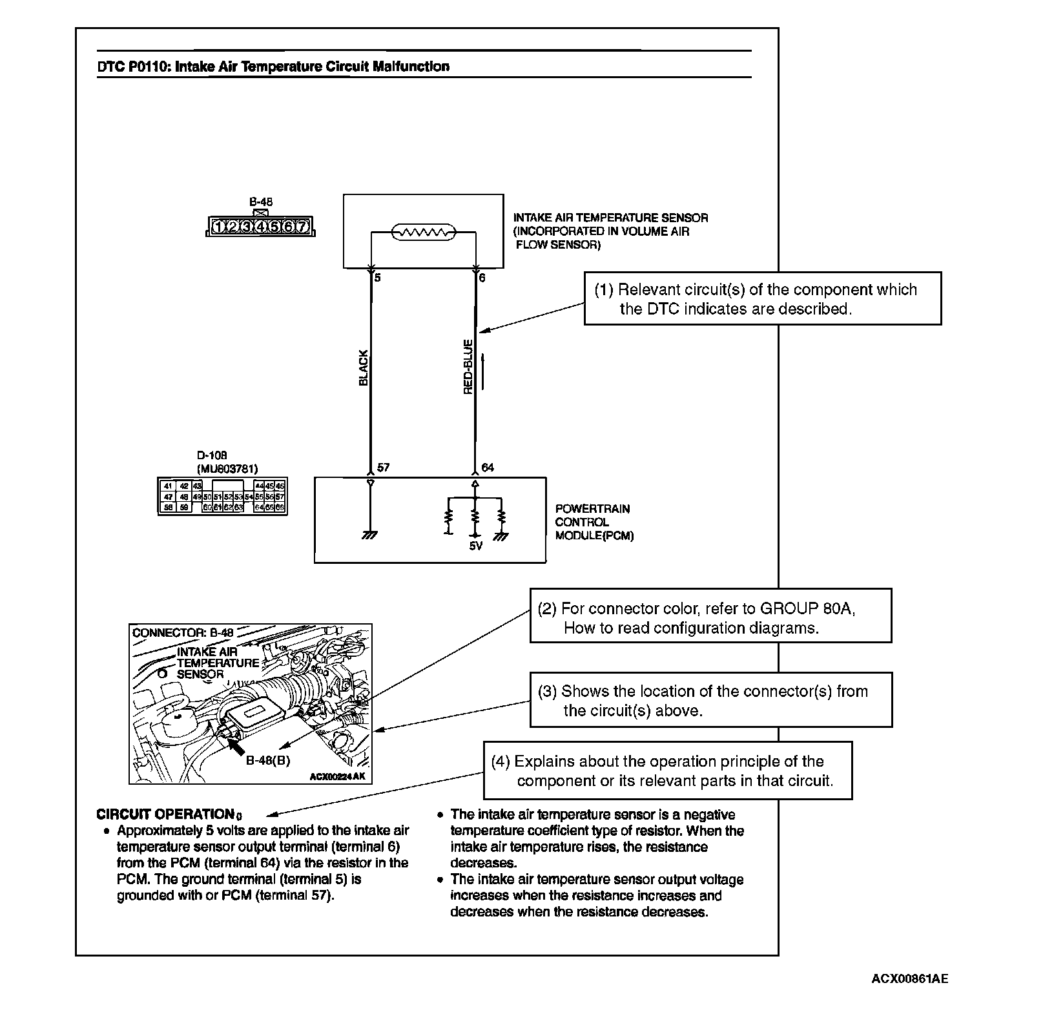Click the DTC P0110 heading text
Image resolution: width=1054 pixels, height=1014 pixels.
click(273, 67)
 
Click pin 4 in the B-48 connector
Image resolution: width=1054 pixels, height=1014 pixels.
click(260, 227)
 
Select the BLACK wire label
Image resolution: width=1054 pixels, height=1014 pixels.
click(363, 368)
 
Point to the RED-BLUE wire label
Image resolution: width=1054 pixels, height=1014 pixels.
click(468, 367)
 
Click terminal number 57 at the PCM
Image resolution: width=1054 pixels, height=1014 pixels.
click(383, 467)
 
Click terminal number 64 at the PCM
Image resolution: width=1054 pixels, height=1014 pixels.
click(488, 467)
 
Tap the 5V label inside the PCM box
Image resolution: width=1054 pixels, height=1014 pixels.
click(475, 546)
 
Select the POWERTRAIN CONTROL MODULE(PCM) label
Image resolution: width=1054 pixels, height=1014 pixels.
click(594, 523)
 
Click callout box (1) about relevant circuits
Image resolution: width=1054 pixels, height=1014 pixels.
click(762, 298)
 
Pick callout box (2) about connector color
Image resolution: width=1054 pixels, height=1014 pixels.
click(710, 616)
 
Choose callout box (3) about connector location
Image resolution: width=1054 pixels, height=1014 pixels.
click(710, 700)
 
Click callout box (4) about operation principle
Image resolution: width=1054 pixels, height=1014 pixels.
click(667, 771)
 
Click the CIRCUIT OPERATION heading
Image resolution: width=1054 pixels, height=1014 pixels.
click(165, 814)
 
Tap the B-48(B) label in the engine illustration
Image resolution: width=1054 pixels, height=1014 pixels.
click(268, 760)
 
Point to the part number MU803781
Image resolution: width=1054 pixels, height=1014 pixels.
click(227, 469)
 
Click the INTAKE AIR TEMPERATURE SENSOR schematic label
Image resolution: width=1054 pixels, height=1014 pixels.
click(610, 218)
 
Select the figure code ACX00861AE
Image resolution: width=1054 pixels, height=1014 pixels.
click(909, 979)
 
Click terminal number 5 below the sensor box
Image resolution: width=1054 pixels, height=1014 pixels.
click(377, 278)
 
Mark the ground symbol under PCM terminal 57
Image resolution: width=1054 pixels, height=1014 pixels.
click(369, 535)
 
